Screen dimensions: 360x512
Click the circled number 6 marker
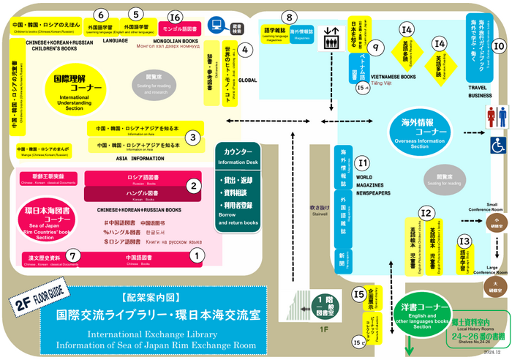tap(102, 15)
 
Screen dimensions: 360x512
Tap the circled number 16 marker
tap(174, 16)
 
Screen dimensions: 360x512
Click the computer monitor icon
tap(217, 25)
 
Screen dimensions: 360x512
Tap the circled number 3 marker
tap(192, 136)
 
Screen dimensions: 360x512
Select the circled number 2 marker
tap(193, 186)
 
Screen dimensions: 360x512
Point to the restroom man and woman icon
tap(497, 117)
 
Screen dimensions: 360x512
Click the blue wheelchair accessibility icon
tap(498, 145)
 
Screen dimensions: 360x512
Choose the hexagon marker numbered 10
tap(498, 46)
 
